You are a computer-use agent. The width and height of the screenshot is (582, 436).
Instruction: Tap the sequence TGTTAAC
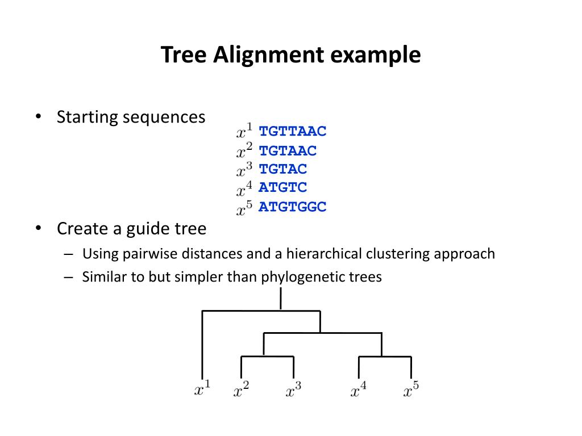click(293, 132)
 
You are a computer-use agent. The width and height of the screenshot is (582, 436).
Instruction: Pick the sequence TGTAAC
click(288, 150)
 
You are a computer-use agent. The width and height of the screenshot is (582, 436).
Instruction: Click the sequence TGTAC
click(282, 169)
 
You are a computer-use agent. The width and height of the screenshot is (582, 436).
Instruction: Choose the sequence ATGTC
click(282, 187)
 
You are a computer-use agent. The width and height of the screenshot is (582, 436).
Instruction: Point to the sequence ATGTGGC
click(293, 207)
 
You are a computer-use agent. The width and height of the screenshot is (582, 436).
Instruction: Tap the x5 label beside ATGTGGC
click(245, 208)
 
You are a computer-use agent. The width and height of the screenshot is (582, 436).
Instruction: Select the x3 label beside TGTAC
click(245, 170)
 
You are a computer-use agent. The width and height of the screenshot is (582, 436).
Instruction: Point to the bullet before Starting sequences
click(38, 117)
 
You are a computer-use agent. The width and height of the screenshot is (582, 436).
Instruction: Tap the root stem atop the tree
click(281, 299)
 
